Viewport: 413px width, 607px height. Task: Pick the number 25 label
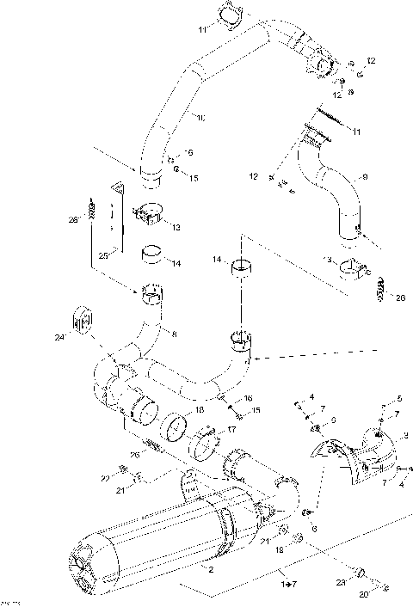[x=102, y=256]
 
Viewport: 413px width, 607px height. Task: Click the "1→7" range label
[x=287, y=585]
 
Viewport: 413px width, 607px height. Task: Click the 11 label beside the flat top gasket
[x=201, y=31]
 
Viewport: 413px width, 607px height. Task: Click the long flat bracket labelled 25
[x=116, y=212]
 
